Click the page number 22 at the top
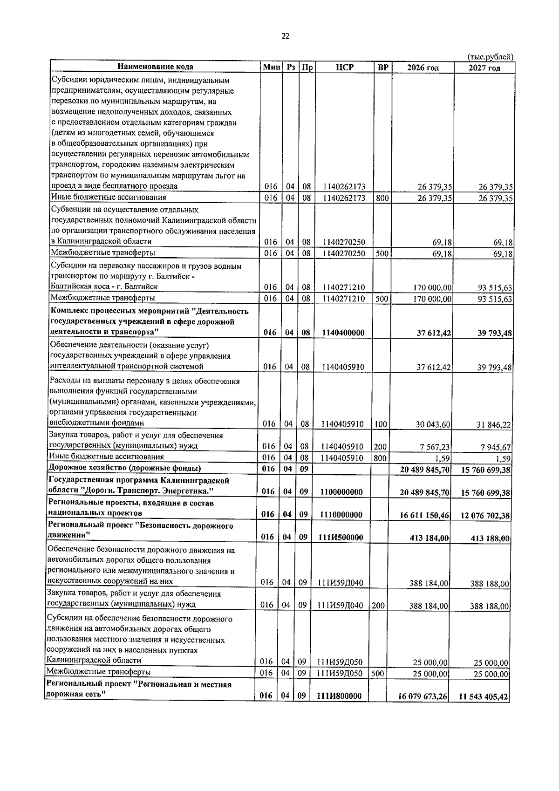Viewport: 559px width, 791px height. pos(286,36)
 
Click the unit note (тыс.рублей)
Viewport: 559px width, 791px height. pos(490,57)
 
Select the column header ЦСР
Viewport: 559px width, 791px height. pos(344,68)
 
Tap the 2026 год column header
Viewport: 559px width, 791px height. pos(423,68)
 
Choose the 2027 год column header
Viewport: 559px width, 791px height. pos(484,68)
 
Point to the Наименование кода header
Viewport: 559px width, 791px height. pos(155,67)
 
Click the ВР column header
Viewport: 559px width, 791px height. pos(383,68)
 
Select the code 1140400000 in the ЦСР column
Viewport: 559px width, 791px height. pos(343,333)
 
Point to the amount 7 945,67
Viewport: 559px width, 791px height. pos(495,448)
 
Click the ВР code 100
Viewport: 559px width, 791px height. pos(380,424)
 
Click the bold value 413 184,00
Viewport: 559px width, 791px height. pos(429,538)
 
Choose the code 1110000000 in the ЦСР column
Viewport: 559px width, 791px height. pos(342,515)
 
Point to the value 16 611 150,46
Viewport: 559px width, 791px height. pos(424,515)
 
